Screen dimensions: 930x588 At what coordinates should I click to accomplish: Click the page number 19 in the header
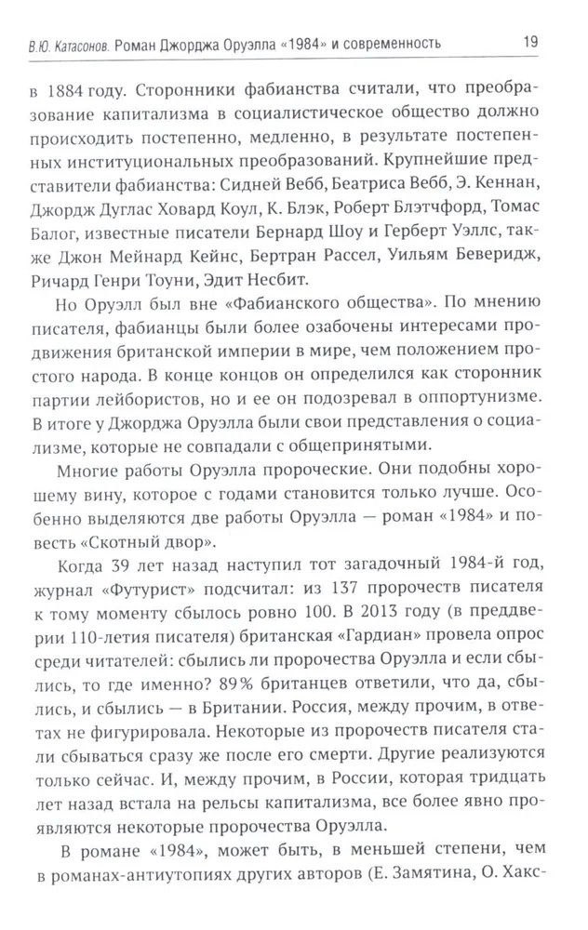point(531,42)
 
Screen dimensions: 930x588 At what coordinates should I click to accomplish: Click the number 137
point(328,619)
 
